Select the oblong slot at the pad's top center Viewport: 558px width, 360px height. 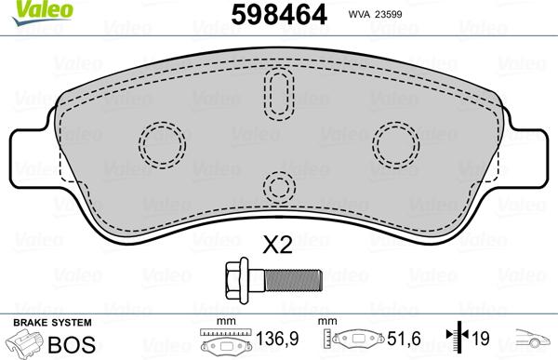click(x=278, y=93)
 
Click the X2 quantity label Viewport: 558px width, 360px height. click(x=277, y=246)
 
